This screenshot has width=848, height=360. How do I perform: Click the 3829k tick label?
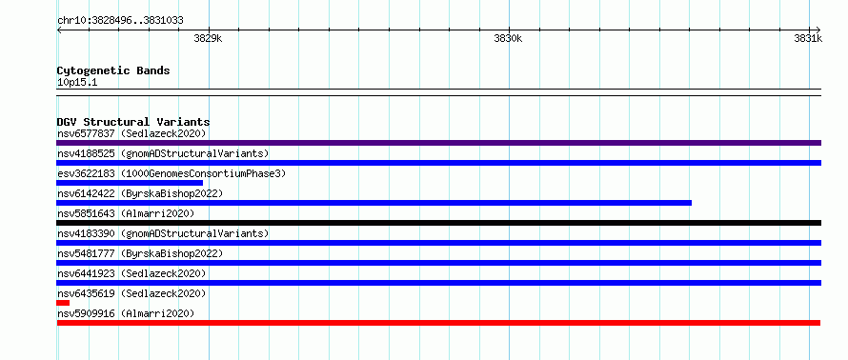(x=208, y=38)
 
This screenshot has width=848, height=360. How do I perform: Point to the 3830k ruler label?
(x=508, y=38)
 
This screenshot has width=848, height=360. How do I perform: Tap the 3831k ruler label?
(x=808, y=38)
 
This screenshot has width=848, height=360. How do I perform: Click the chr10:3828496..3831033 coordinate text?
(x=120, y=21)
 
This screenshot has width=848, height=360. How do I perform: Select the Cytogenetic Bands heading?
(x=113, y=70)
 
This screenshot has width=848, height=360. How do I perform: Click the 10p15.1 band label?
(x=77, y=83)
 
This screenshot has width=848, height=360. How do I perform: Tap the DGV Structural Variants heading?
(x=133, y=122)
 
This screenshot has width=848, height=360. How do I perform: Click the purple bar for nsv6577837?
(x=438, y=143)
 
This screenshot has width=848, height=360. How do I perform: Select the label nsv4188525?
(x=86, y=153)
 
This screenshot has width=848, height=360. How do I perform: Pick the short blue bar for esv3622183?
(x=130, y=183)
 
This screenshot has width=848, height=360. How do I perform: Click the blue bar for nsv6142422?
(x=374, y=203)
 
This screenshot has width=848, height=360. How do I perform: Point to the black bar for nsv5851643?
(x=438, y=223)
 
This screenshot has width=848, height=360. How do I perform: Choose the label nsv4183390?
(x=86, y=233)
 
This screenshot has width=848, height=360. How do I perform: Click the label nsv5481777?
(x=86, y=253)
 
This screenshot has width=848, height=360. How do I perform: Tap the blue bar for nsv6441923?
(x=438, y=283)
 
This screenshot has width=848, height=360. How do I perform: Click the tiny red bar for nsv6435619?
(x=63, y=303)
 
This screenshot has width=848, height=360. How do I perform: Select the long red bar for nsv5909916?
(x=438, y=323)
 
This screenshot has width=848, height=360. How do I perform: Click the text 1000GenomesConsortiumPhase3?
(x=203, y=173)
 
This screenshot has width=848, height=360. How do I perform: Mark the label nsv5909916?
(x=86, y=313)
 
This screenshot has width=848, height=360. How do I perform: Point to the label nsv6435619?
(x=86, y=293)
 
